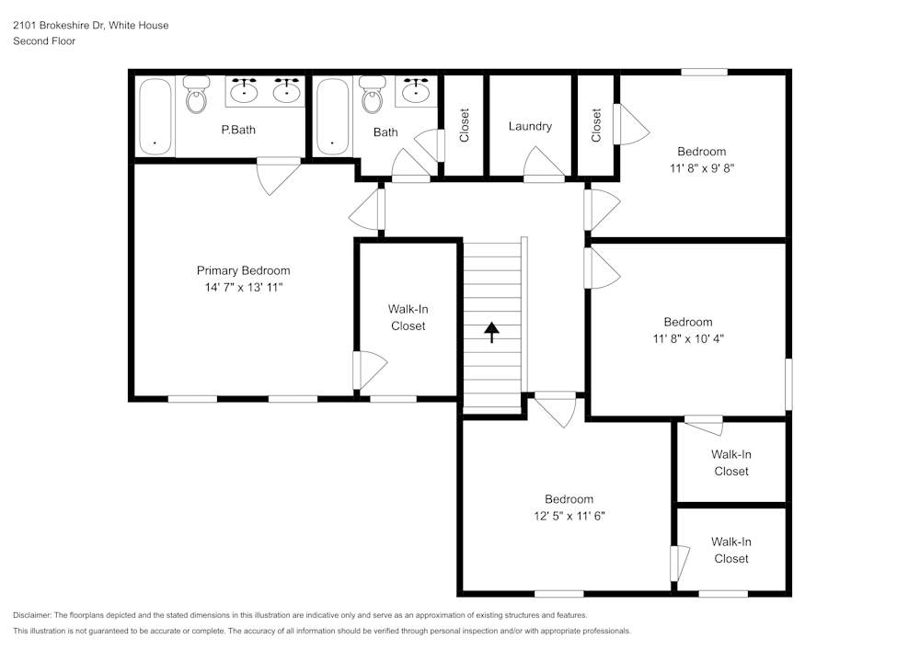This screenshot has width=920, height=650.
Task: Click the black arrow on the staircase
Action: [491, 331]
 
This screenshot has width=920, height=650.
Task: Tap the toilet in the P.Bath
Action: [196, 95]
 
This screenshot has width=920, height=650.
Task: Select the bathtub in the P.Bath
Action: [155, 117]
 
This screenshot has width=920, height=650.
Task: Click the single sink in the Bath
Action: [417, 91]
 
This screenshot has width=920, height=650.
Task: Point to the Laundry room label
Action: [530, 126]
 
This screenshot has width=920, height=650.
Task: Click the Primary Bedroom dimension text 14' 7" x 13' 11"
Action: [243, 288]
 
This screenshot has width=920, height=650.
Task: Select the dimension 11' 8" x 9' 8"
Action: [702, 168]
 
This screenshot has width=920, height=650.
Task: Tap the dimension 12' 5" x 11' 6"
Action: [569, 516]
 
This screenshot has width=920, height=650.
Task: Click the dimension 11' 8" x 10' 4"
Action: [688, 338]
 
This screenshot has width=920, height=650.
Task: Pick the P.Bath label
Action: [238, 130]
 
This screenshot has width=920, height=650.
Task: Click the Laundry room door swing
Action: [546, 165]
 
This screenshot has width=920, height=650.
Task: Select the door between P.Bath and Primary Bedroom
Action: [277, 175]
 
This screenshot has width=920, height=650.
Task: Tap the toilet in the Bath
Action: [372, 95]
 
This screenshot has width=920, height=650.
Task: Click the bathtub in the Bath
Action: [332, 117]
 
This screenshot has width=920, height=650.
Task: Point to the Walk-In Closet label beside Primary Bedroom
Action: [408, 317]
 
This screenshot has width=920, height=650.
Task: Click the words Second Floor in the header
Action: [44, 41]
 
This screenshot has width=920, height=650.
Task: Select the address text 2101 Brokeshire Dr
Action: [59, 26]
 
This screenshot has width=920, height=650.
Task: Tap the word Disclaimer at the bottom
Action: [33, 615]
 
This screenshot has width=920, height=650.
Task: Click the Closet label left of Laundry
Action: [465, 126]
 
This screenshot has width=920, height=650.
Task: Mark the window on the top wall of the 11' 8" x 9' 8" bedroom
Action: [705, 72]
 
